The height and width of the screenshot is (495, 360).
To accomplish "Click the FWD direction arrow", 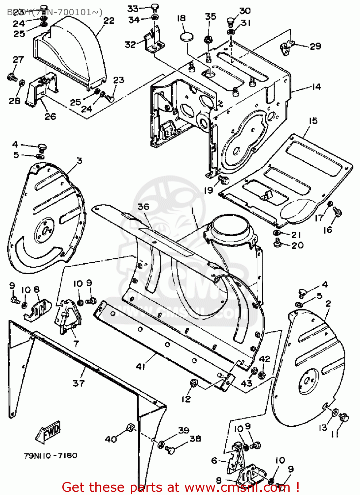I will pos(48,432).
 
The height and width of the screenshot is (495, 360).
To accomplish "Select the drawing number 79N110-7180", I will pos(50,456).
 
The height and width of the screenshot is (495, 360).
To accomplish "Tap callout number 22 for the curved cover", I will pos(109,21).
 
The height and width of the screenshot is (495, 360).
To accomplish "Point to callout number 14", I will pos(316,87).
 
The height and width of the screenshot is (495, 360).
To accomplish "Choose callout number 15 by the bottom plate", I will pos(313,121).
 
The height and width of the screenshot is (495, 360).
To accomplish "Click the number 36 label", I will pos(144,207).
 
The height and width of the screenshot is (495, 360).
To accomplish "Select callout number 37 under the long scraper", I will pos(79,383).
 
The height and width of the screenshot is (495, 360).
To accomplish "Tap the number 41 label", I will pos(141,367).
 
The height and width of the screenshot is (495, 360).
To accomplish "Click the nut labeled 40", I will pos(130,428).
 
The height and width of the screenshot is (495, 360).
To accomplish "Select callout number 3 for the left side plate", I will pos(80,161).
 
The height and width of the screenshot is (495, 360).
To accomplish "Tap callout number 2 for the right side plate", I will pos(328,303).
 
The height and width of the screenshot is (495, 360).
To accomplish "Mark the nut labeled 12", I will pos(194,384).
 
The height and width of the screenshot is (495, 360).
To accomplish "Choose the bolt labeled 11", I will pos(344,417).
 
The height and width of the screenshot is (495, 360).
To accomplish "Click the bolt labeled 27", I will pos(12,78).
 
